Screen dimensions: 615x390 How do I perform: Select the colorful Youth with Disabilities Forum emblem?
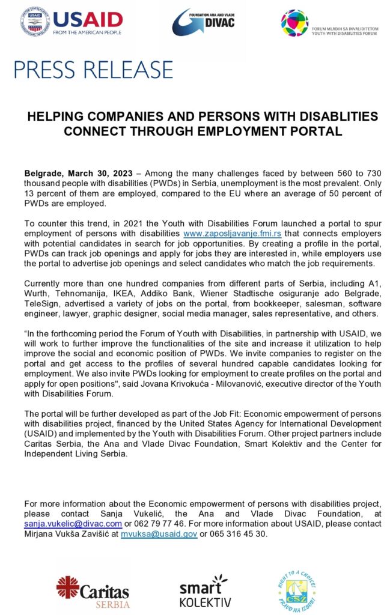tap(294, 23)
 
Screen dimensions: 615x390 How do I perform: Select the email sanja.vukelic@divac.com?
tap(73, 524)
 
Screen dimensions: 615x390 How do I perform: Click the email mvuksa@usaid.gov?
tap(159, 533)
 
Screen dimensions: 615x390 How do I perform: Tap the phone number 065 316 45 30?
tap(237, 533)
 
